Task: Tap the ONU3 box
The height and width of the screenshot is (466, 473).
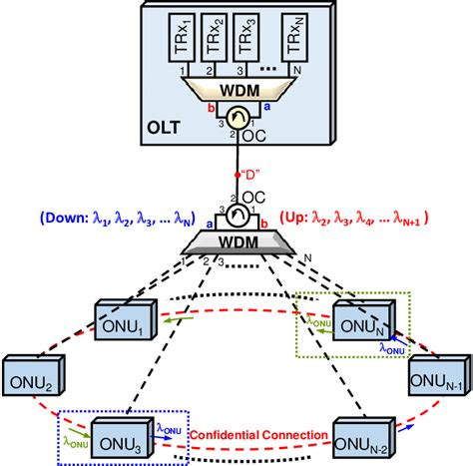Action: [x=125, y=434]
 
